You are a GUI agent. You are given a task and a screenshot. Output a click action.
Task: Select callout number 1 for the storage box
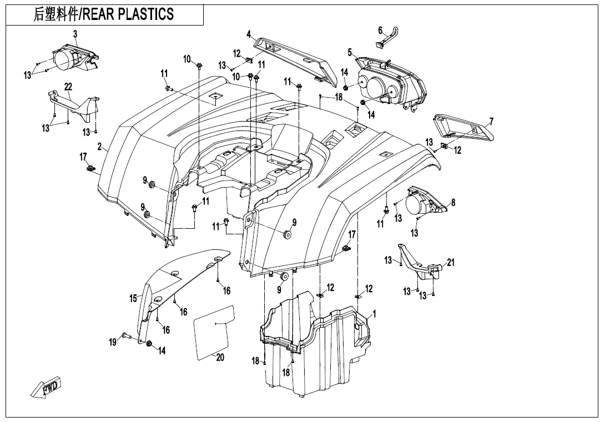pos(375,314)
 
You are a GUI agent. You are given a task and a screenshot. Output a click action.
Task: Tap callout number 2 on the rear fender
pos(99,147)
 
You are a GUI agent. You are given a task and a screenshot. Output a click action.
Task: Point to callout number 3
pos(75,34)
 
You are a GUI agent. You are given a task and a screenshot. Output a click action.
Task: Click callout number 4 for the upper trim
pos(249,33)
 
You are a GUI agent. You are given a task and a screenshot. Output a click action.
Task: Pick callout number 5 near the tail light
pos(350,52)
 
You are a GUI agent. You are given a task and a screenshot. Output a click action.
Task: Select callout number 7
pos(491,122)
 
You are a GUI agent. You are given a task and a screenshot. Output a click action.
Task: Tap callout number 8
pos(453,203)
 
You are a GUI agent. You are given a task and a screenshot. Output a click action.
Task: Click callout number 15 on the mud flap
pos(133,299)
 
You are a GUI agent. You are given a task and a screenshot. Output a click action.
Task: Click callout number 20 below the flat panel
pos(220,358)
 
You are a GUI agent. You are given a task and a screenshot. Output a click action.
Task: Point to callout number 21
pos(451,263)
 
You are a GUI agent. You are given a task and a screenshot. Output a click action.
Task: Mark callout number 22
pos(68,87)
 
